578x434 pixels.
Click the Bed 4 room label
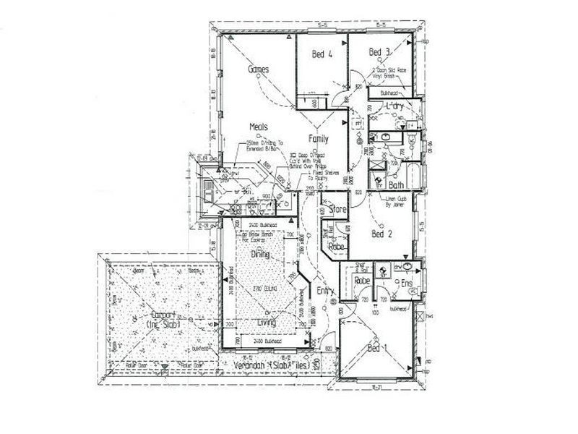322,54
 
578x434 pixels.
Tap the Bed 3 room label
379,52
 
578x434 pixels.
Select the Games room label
258,70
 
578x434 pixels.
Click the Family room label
319,138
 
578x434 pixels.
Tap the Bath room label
397,185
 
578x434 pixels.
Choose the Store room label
338,210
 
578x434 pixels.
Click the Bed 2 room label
381,234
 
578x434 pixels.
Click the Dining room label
260,255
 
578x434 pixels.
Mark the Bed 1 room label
379,349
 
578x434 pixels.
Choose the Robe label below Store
336,247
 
